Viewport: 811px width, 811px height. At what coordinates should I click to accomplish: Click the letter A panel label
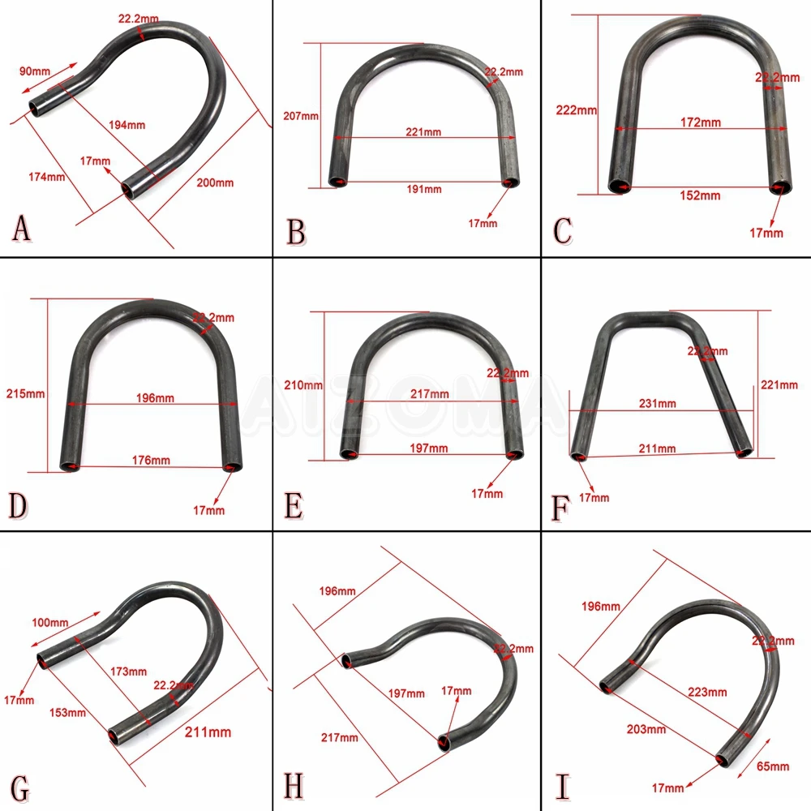point(22,228)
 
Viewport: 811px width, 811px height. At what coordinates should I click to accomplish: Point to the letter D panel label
point(19,504)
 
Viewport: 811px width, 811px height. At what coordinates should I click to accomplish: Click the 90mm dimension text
point(32,71)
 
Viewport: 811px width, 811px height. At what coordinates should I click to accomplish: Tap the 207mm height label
point(300,116)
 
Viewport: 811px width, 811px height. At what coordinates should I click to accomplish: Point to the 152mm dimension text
point(699,195)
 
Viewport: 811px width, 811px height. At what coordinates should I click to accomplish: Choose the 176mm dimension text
point(151,460)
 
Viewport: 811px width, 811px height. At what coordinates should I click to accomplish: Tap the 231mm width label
point(657,403)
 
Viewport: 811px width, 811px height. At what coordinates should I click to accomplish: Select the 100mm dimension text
point(49,623)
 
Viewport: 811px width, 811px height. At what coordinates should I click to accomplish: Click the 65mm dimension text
point(772,766)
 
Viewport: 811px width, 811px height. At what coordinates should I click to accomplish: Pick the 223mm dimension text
point(706,692)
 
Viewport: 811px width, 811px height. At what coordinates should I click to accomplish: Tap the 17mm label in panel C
point(766,233)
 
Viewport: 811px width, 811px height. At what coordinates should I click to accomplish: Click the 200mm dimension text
point(215,182)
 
